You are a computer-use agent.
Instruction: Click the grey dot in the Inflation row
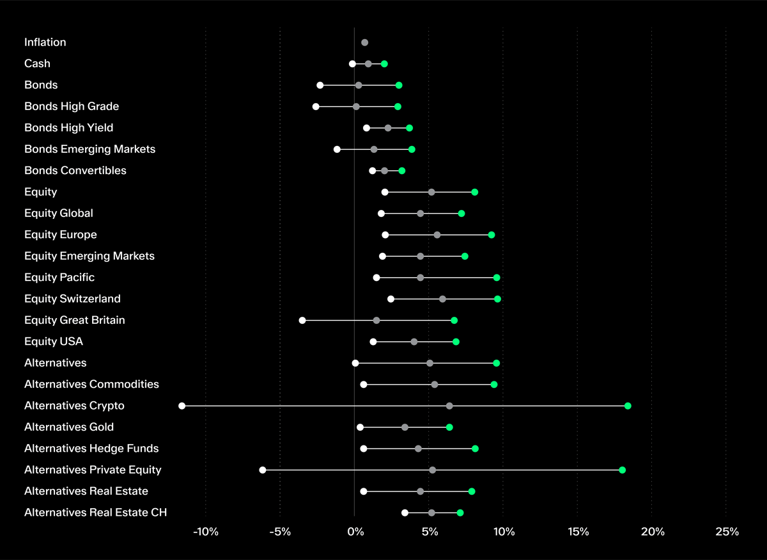click(x=364, y=42)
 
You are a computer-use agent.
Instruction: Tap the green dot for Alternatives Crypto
click(x=628, y=406)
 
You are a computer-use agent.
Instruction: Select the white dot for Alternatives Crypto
click(x=182, y=406)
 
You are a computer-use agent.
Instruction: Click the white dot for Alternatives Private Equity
click(x=263, y=470)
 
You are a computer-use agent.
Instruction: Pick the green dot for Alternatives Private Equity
click(x=622, y=470)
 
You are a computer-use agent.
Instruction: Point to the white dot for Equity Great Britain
click(x=302, y=320)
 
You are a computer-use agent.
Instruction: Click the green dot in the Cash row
click(x=384, y=64)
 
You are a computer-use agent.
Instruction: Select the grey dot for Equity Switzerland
click(x=442, y=299)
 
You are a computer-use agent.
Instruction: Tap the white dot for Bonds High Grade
click(x=316, y=106)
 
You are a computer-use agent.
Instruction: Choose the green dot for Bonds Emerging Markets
click(x=412, y=149)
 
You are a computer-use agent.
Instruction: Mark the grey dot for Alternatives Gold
click(x=405, y=427)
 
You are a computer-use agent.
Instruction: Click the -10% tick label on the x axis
click(x=206, y=532)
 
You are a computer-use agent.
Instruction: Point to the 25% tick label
click(x=727, y=532)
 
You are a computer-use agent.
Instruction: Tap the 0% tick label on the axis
click(x=355, y=532)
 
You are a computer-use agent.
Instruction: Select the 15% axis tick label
click(x=578, y=532)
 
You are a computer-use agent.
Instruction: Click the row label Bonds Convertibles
click(x=75, y=170)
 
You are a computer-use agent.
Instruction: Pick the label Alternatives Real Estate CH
click(x=95, y=512)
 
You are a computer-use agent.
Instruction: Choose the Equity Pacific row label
click(x=59, y=277)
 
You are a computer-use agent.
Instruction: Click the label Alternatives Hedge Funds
click(x=91, y=448)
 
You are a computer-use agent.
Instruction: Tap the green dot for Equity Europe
click(x=492, y=235)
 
